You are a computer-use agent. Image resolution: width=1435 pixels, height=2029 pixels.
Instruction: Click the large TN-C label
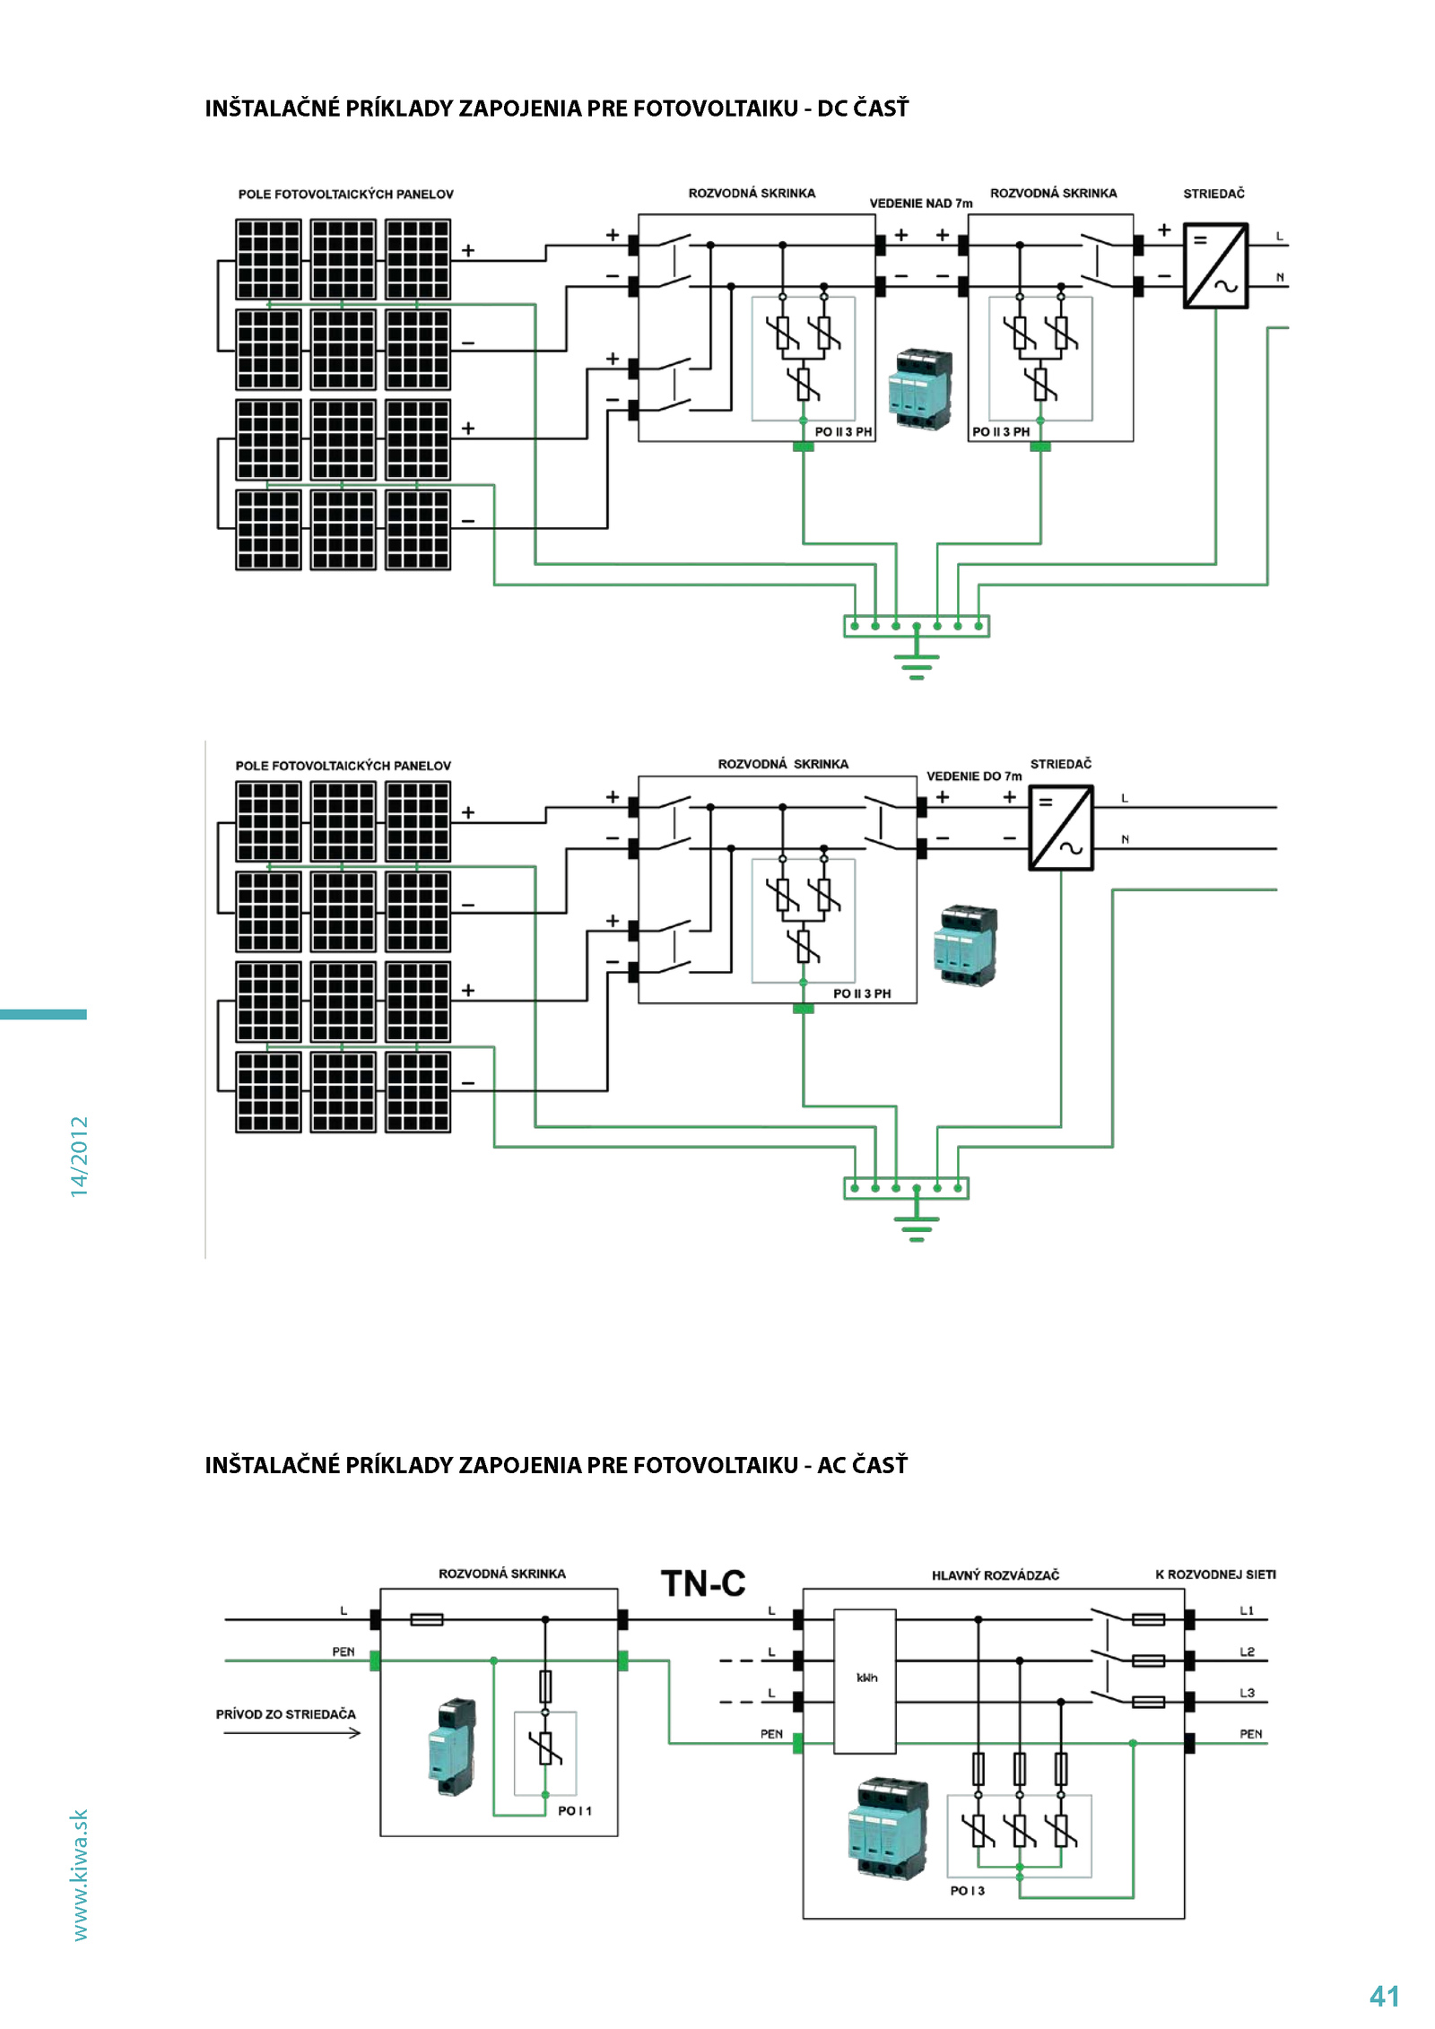703,1583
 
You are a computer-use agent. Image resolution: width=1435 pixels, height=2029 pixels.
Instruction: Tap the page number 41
1384,1996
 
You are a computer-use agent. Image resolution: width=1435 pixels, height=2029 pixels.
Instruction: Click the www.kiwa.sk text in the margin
80,1875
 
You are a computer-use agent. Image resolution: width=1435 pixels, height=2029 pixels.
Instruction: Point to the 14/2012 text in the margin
80,1157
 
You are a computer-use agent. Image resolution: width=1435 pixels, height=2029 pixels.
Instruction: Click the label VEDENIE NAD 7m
921,204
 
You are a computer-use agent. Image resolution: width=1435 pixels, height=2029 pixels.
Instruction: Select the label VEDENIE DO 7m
974,776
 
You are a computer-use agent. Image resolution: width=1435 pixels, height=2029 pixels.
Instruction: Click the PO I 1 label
575,1811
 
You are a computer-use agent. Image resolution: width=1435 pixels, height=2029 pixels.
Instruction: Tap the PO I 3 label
968,1891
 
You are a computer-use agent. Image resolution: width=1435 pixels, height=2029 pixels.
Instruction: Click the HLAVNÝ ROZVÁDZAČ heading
996,1575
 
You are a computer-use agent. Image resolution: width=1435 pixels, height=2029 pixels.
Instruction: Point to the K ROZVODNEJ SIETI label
1215,1574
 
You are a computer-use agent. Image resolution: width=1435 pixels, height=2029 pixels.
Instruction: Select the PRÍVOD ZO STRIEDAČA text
286,1714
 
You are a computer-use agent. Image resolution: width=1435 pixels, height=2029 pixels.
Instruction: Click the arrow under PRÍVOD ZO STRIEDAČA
292,1733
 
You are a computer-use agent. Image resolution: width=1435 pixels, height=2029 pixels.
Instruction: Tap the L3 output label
1247,1693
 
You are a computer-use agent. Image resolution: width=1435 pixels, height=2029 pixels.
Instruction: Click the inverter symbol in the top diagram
1216,266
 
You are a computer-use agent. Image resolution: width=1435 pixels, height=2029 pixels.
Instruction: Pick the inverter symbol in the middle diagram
1061,828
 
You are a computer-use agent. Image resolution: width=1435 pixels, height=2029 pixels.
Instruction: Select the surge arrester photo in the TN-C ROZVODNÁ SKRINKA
452,1747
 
